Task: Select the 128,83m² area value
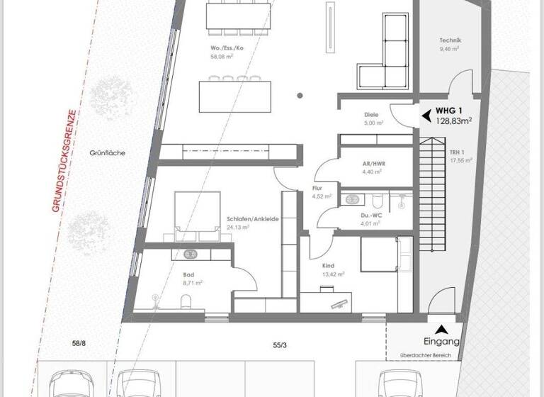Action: (x=453, y=121)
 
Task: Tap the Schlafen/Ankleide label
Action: (x=253, y=219)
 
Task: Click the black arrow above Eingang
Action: (x=443, y=328)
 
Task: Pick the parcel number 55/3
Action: (x=280, y=345)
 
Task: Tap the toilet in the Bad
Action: (x=184, y=303)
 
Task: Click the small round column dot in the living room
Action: (x=301, y=95)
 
